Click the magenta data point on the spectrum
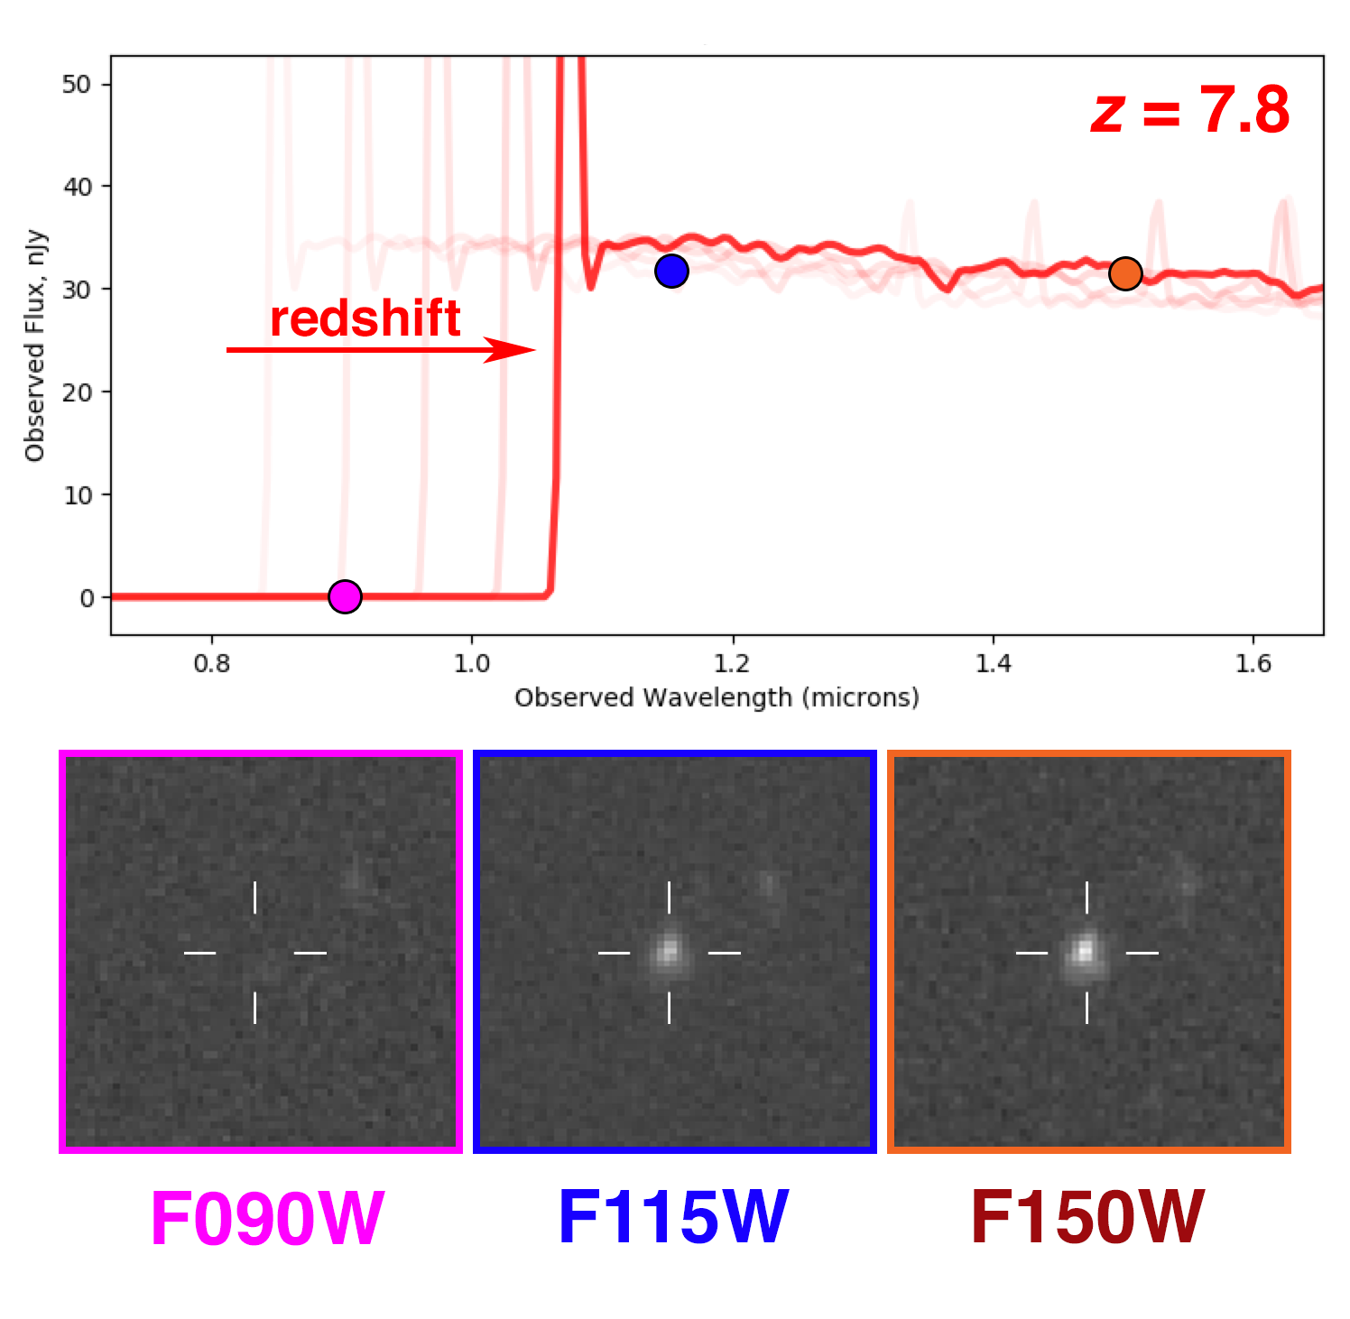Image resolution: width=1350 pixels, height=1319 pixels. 345,596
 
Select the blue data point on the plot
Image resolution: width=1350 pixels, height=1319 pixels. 671,271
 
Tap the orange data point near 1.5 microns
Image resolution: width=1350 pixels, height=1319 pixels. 1125,273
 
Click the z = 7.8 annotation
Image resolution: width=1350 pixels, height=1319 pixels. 1190,111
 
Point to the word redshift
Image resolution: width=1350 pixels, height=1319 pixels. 365,318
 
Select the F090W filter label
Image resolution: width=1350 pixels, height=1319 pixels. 267,1219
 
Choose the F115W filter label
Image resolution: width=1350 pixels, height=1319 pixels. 673,1217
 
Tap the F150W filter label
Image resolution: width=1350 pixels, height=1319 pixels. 1087,1217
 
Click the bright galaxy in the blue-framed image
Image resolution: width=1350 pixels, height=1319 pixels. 669,951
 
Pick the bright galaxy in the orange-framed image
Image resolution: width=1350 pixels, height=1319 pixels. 1086,951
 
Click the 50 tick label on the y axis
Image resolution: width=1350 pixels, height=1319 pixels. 77,85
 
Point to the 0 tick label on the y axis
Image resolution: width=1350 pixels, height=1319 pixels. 87,598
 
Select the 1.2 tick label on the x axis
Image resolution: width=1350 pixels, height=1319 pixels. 732,665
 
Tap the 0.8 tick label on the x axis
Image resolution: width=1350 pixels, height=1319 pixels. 212,665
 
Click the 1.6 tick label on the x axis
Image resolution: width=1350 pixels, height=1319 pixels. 1253,665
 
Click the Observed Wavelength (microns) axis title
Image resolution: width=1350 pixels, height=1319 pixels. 717,698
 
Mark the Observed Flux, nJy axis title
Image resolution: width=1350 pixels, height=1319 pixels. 35,346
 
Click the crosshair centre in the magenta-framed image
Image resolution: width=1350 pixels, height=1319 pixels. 255,953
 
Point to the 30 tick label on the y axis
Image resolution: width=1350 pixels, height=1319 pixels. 77,290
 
